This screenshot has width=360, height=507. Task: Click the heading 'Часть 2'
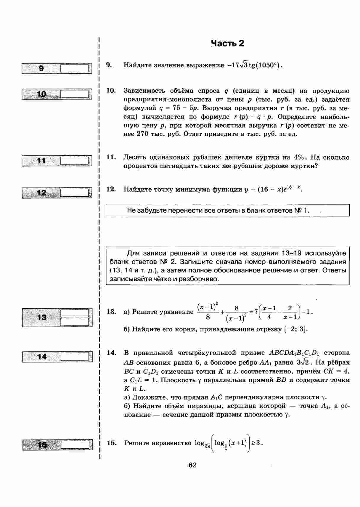tap(228, 44)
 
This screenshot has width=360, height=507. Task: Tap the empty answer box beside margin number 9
tap(74, 69)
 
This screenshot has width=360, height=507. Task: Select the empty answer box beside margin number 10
tap(74, 94)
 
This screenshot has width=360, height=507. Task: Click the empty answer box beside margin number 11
tap(74, 161)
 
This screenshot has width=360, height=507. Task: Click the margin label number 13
tap(42, 317)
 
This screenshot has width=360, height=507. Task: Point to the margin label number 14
tap(42, 357)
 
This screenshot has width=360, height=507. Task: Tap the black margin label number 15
tap(42, 445)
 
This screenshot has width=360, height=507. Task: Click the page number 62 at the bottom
tap(192, 465)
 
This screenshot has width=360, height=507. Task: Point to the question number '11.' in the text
tap(111, 157)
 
